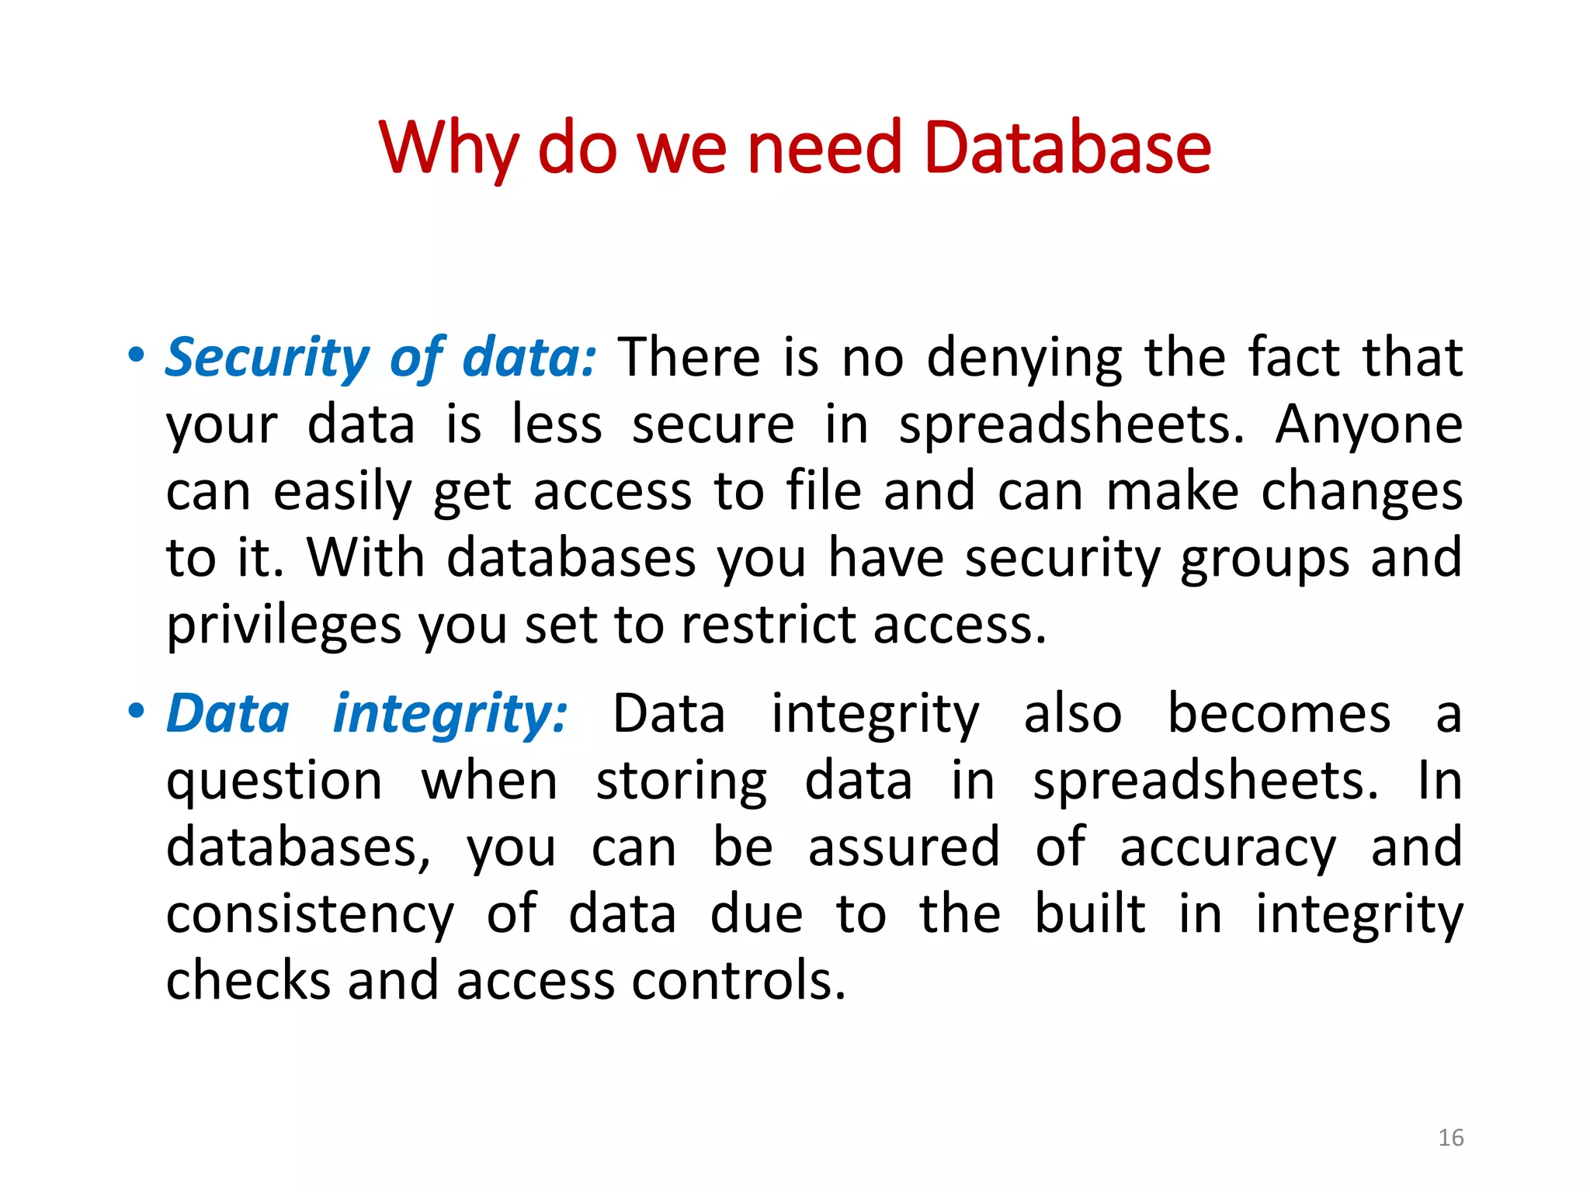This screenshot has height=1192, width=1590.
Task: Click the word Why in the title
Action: (x=448, y=147)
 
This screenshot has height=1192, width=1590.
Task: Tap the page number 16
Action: (x=1450, y=1138)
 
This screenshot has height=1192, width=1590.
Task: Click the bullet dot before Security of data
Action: (x=137, y=356)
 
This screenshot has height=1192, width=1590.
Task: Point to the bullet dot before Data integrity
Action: (x=137, y=711)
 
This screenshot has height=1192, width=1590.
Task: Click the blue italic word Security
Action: (x=268, y=358)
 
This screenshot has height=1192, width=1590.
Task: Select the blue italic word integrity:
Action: (x=450, y=714)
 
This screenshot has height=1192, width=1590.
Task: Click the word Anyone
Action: (x=1369, y=424)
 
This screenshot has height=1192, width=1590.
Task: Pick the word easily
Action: (x=342, y=492)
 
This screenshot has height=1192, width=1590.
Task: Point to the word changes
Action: (x=1361, y=492)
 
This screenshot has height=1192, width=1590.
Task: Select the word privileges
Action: (x=283, y=625)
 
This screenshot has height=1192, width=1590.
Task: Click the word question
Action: (x=274, y=781)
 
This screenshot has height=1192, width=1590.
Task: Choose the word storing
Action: (x=681, y=781)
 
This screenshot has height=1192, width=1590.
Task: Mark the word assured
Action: (x=904, y=847)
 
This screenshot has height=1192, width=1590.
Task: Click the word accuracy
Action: (x=1227, y=848)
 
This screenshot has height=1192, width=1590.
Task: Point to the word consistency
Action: (x=310, y=915)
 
